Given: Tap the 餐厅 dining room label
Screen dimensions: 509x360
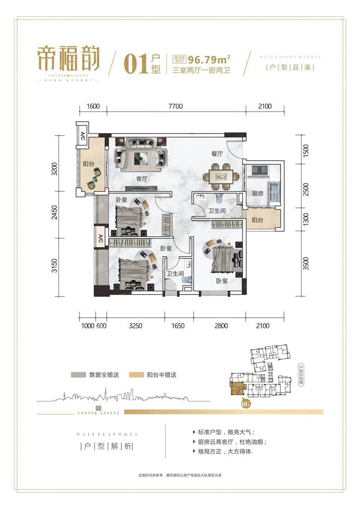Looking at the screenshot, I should point(217,154).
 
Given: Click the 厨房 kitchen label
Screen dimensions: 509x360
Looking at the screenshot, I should point(258,194).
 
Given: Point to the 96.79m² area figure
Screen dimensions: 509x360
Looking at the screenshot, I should point(209,59).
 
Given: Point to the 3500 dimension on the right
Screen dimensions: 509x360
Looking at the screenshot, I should point(306,262).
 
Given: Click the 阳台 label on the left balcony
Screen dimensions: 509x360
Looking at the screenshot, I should point(88,164).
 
